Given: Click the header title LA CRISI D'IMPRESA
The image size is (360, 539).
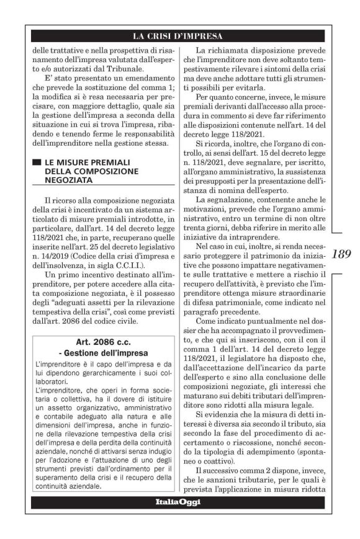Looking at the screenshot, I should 180,35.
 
